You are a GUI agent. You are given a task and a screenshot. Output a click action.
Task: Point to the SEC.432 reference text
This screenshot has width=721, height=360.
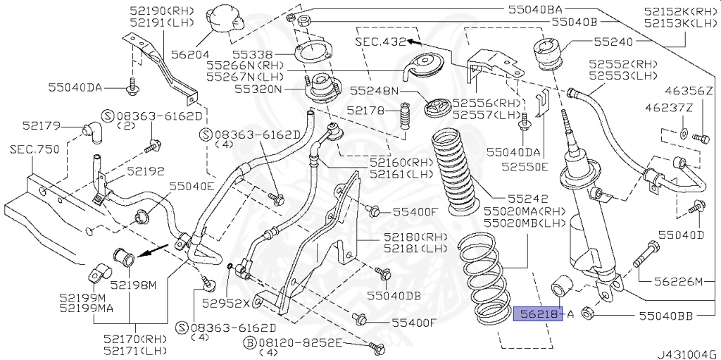(381, 42)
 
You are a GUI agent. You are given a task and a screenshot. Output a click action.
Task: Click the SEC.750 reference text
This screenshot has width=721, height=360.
(32, 149)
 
